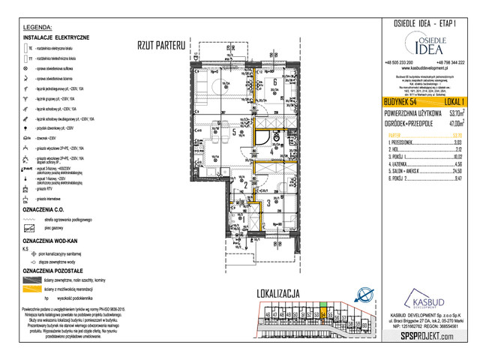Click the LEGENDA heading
(37, 25)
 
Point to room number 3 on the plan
(268, 202)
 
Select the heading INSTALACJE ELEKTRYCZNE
(57, 36)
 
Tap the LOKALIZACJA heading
(278, 292)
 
